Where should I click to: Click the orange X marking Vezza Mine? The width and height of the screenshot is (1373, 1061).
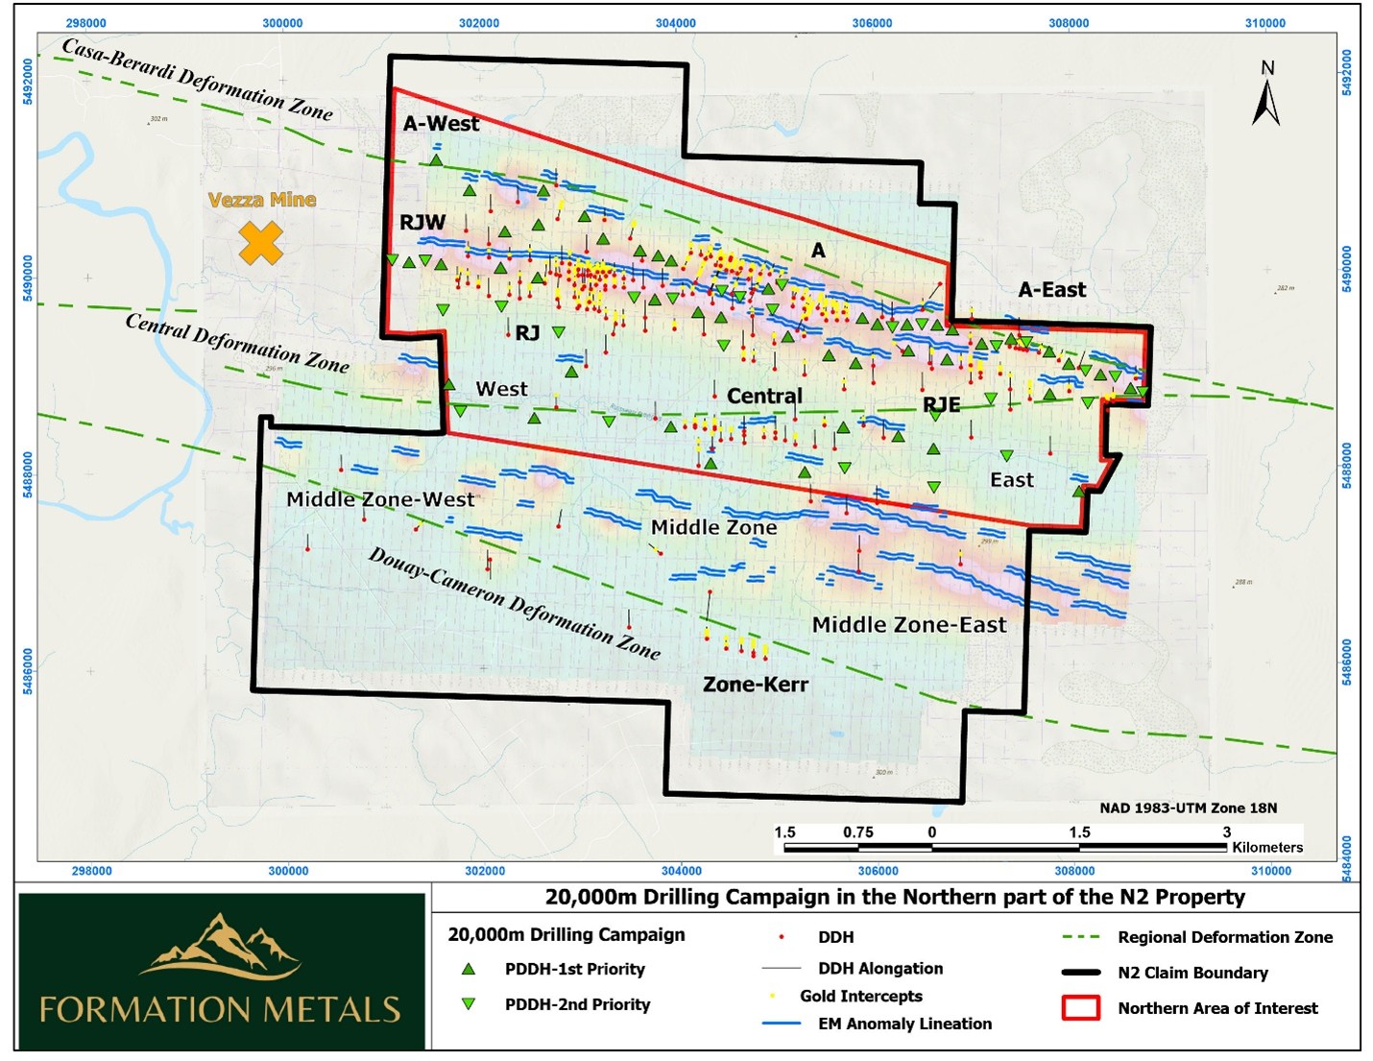pos(260,243)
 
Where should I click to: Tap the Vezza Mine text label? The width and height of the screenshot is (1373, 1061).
pos(262,200)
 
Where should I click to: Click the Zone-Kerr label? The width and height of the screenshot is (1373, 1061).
pos(756,685)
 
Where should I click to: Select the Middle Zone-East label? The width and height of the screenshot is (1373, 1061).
pos(908,625)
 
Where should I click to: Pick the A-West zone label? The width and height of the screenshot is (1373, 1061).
pos(441,124)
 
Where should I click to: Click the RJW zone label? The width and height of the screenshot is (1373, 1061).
pos(422,222)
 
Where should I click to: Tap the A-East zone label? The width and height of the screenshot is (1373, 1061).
pos(1052,290)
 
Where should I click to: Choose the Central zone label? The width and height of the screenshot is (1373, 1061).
pos(764,396)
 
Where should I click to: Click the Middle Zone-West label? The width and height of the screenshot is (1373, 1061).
pos(380,499)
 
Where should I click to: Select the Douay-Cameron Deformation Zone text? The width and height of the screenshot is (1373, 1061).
pos(515,604)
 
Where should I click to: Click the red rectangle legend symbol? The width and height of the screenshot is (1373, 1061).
pos(1080,1008)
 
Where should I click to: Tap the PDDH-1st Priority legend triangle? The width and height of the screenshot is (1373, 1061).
pos(469,969)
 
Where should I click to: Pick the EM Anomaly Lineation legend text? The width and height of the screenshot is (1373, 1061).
pos(904,1024)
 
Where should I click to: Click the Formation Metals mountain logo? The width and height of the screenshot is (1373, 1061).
pos(221,946)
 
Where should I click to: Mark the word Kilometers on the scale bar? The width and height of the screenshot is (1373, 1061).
pos(1267,847)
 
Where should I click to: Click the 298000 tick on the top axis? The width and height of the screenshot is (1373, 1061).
pos(86,23)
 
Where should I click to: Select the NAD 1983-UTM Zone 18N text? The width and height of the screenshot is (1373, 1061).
pos(1188,808)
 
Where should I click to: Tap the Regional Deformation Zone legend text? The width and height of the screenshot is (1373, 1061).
pos(1224,937)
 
